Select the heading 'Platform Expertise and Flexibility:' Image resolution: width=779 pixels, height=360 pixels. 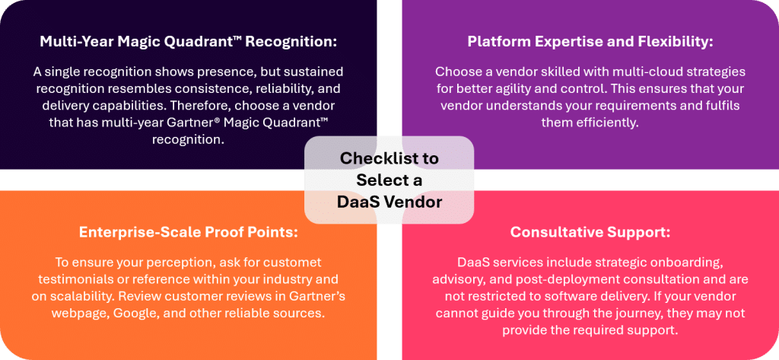point(590,42)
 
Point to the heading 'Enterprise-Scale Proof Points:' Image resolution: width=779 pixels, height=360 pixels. point(188,231)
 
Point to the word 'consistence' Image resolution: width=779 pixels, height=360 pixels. point(170,88)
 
